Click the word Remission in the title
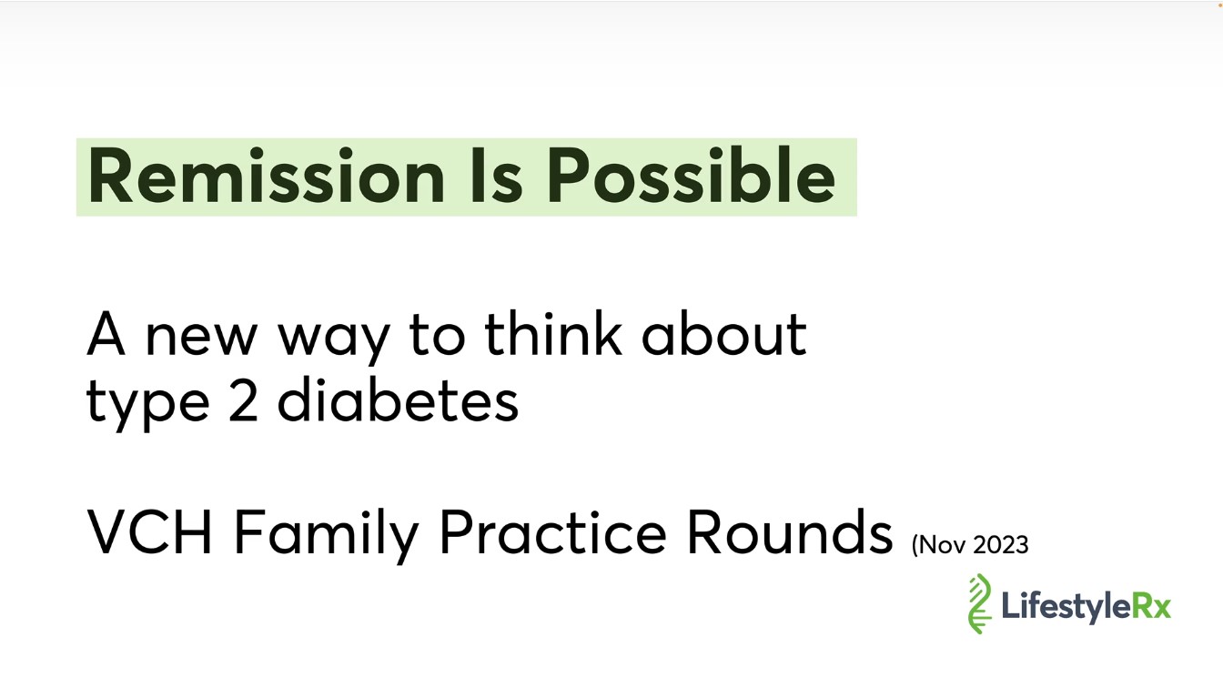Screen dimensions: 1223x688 point(266,176)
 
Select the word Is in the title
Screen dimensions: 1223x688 point(496,176)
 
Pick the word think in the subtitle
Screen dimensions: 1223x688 point(552,333)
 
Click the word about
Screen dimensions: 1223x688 point(724,333)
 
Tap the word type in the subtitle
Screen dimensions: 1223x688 point(148,404)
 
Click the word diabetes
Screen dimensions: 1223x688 point(398,400)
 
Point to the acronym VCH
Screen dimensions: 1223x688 point(149,531)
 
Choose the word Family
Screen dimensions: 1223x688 point(327,536)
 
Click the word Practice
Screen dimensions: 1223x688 point(552,531)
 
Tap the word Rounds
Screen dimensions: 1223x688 point(790,531)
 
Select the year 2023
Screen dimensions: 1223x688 point(1001,545)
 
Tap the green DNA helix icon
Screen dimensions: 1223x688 point(979,603)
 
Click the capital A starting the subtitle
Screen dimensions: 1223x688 point(106,334)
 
